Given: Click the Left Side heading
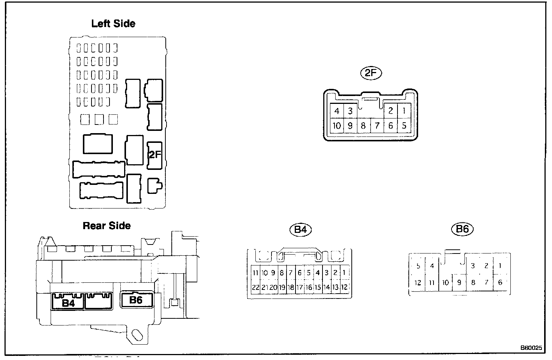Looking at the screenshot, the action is tap(113, 24).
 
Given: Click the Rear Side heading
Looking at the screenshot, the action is tap(106, 226).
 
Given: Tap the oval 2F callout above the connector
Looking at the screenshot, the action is tap(370, 73).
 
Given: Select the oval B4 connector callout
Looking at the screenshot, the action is tap(301, 229).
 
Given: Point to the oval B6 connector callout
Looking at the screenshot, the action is tap(462, 229).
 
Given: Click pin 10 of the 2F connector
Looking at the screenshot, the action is tap(337, 126).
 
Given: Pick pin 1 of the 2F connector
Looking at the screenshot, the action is tap(404, 111).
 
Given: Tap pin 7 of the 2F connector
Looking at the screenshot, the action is tap(377, 126).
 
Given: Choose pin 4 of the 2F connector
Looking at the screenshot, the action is tap(337, 111).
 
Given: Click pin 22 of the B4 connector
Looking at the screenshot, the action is tap(255, 288).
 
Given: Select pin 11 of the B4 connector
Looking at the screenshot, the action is tap(255, 273).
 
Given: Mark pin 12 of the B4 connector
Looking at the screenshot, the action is tap(344, 288).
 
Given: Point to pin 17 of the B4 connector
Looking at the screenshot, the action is tap(300, 288).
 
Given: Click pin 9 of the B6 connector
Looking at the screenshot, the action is tap(459, 283).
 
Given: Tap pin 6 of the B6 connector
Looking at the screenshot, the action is tap(500, 283).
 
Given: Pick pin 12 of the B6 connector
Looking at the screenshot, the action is tap(418, 283).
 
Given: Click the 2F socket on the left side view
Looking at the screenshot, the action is tap(154, 155).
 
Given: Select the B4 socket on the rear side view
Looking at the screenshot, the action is tap(68, 302).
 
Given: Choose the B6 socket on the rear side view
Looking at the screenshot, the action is tap(136, 300).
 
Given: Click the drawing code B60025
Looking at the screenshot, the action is tap(531, 348).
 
